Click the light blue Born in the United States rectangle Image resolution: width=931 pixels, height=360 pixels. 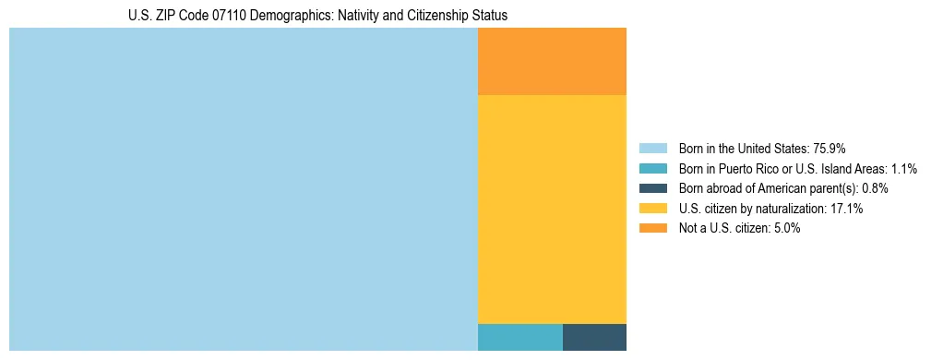coord(244,189)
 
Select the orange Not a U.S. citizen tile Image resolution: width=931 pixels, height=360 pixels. coord(552,61)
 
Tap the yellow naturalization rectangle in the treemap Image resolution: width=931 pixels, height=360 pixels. coord(552,210)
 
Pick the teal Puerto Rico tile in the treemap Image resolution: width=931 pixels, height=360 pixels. coord(519,337)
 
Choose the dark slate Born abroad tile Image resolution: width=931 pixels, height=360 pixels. coord(594,337)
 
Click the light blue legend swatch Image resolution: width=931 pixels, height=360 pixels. coord(652,148)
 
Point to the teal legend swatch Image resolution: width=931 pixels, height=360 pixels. coord(652,168)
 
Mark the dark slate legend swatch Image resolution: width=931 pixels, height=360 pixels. coord(652,188)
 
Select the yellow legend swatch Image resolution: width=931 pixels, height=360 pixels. coord(652,209)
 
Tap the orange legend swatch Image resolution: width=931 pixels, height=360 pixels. coord(652,229)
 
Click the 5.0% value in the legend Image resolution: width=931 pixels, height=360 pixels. coord(785,229)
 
